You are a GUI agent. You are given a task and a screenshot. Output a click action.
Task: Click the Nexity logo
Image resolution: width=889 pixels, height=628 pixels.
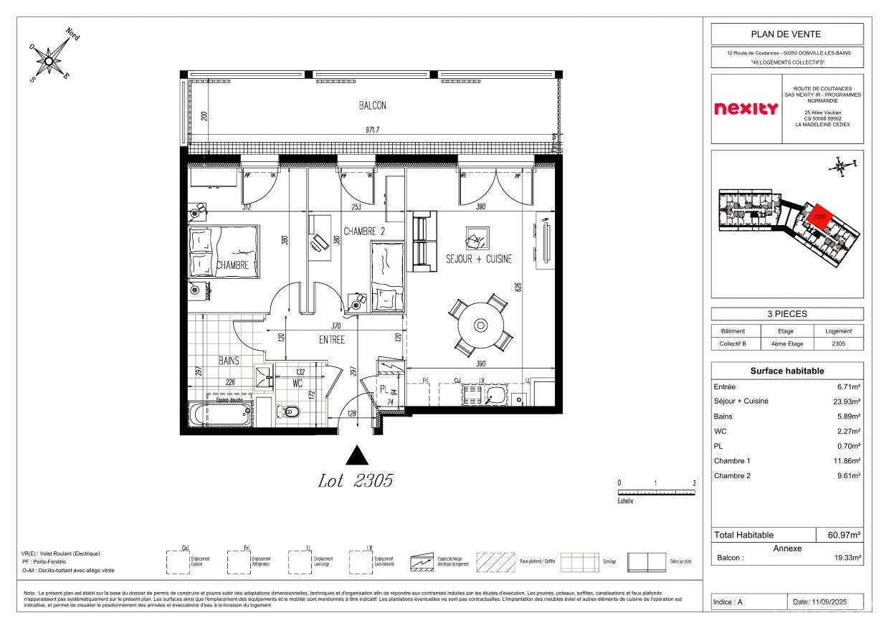(x=746, y=109)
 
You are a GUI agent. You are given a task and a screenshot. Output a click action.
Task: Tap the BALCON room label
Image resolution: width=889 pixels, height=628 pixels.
(x=372, y=105)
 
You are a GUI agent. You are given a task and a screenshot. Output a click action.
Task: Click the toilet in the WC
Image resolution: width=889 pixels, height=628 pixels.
(x=290, y=411)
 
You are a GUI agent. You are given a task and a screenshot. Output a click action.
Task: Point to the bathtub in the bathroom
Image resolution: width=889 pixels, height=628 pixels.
(x=220, y=414)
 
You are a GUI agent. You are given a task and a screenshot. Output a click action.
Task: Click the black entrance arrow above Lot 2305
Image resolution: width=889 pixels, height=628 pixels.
(x=357, y=456)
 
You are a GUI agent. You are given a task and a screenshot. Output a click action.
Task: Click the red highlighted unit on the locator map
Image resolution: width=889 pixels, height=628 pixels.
(x=818, y=214)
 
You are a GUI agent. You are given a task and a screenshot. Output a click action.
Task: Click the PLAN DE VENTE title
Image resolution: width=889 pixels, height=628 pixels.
(x=786, y=34)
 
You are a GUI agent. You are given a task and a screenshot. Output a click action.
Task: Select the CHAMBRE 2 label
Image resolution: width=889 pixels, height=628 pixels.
(x=364, y=232)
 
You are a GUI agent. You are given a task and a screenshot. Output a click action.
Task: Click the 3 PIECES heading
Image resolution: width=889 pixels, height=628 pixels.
(x=786, y=314)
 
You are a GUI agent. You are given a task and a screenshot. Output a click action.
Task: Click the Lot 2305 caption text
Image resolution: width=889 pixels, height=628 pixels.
(x=356, y=482)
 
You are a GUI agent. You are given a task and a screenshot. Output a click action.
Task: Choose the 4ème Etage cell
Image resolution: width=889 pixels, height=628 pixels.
(x=786, y=344)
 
